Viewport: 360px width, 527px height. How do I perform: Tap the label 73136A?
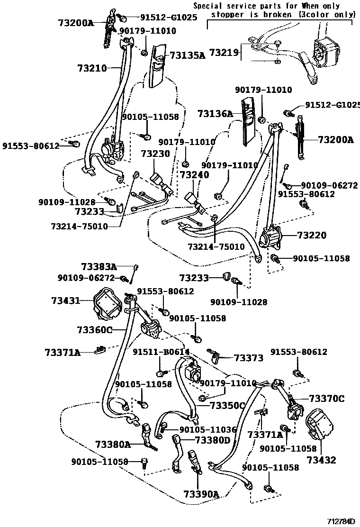pyautogui.click(x=216, y=114)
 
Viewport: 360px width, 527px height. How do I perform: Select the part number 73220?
pyautogui.click(x=312, y=235)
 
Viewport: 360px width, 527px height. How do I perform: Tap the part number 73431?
pyautogui.click(x=65, y=300)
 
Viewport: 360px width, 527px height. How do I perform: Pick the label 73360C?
pyautogui.click(x=95, y=330)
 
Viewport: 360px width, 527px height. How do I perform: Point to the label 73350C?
pyautogui.click(x=227, y=405)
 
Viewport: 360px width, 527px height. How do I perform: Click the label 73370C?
pyautogui.click(x=326, y=399)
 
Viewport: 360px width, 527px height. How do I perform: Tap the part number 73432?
pyautogui.click(x=321, y=460)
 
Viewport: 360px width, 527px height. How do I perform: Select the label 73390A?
pyautogui.click(x=201, y=494)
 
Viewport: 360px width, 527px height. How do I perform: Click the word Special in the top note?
pyautogui.click(x=209, y=6)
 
